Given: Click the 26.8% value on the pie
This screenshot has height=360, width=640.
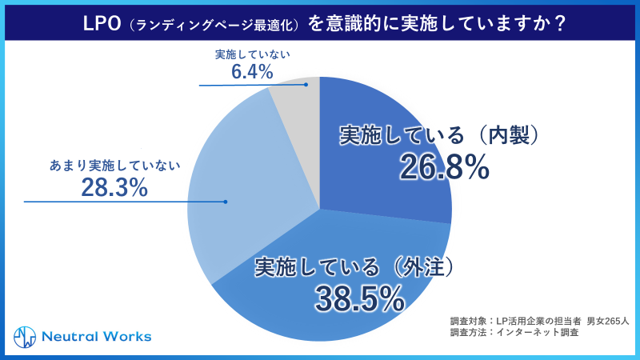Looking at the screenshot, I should coord(443,168).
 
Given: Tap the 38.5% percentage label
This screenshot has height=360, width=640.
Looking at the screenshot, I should coord(359,298).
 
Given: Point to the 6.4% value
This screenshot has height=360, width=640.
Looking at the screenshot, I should coord(252,72).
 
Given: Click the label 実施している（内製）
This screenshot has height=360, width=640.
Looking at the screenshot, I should coord(443,136).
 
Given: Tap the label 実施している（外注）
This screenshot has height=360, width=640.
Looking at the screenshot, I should coord(359,266).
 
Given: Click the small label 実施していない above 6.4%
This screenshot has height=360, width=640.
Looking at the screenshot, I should coord(252,54).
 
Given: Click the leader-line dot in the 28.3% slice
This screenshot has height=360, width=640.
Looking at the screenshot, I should coord(226,202).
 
